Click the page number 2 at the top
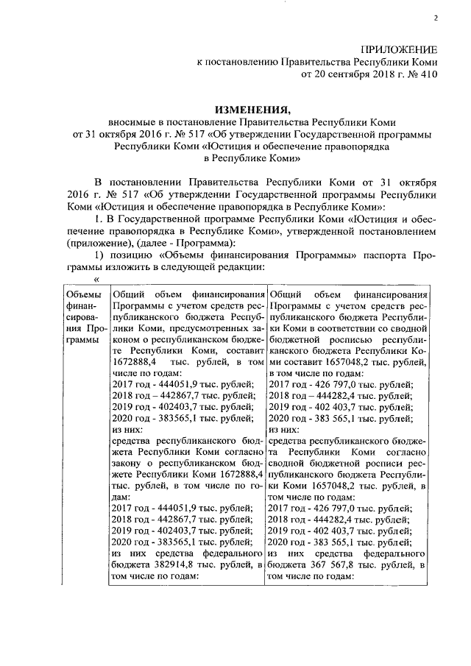tap(435, 18)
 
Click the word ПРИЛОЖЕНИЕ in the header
tap(398, 49)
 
